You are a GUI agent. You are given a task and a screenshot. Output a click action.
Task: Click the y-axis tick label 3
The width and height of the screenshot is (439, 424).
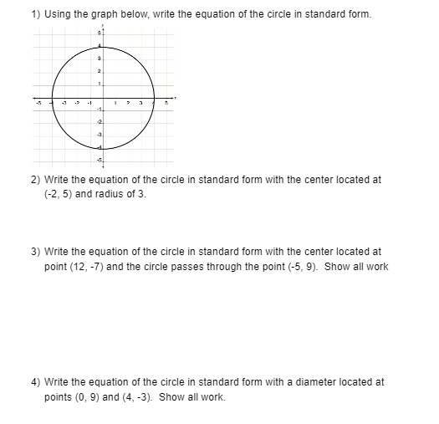pos(99,58)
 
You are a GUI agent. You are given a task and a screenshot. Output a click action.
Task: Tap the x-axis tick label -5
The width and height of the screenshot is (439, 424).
pos(36,104)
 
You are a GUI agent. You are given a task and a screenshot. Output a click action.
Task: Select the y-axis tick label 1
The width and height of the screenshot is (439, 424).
pos(99,83)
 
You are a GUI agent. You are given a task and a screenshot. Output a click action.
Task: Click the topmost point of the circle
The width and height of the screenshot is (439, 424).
pos(104,44)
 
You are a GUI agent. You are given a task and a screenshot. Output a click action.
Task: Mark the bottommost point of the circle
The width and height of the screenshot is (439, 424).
pos(104,148)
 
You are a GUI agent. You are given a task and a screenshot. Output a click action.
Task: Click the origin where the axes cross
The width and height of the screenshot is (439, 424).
pos(104,96)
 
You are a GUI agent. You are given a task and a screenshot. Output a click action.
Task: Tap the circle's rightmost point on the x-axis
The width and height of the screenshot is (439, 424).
pos(156,96)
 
